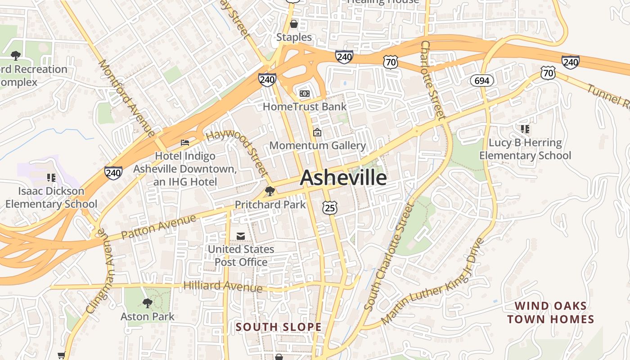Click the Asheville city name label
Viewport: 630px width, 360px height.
pos(343,178)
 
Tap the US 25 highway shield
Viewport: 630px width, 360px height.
pos(329,207)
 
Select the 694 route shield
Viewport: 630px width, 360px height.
pos(482,81)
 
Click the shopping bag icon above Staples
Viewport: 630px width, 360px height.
pos(294,23)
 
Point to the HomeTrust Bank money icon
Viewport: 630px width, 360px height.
pos(305,93)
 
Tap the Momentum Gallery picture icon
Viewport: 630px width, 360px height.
pos(317,132)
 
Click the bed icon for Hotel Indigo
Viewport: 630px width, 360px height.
pos(185,143)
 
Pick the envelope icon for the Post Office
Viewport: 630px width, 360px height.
pos(241,236)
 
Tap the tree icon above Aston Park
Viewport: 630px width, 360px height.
pos(147,303)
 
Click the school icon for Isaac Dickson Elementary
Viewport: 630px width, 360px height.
pos(51,178)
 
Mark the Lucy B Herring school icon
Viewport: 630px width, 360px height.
pos(525,130)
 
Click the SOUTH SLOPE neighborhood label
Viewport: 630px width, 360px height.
pos(279,327)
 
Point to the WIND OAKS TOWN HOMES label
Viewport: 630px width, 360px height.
pos(551,313)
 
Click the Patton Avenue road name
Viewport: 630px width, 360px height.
pos(159,227)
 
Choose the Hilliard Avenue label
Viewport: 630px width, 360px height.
pos(223,286)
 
